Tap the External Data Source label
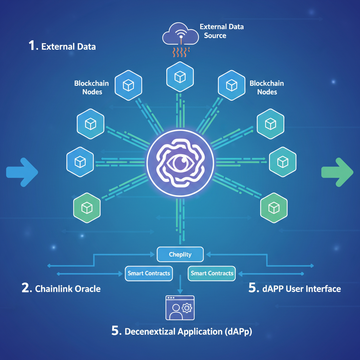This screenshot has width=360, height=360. coord(221,31)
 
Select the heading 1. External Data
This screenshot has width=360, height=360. coord(62,46)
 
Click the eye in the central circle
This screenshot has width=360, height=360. coord(180,163)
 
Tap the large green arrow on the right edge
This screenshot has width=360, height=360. coord(337,172)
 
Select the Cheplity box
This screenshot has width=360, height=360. coord(180,254)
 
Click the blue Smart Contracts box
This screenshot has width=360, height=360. coord(149,273)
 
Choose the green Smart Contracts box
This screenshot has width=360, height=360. coord(212,273)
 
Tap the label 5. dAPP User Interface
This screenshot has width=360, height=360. coord(295,289)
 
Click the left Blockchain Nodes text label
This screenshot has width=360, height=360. coord(91,88)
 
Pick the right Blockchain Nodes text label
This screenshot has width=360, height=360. coord(267,88)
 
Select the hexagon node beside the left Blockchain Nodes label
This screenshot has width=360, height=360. coord(128,85)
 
